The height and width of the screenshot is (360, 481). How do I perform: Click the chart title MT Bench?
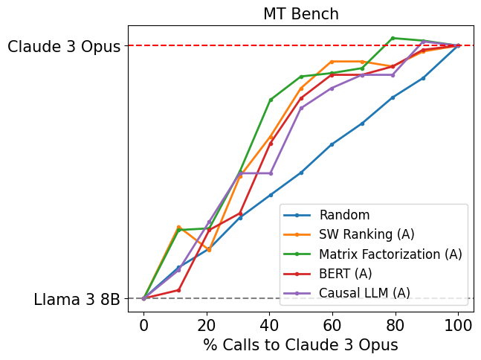[x=300, y=14]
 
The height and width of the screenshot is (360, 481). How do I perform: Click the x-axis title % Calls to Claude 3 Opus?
[x=300, y=345]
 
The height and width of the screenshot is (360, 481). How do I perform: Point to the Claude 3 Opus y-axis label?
[x=64, y=47]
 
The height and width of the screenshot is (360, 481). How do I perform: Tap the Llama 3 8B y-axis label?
[x=77, y=300]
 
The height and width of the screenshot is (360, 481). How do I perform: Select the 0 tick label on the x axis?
[x=143, y=324]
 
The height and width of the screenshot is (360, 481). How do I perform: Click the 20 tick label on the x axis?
[x=207, y=324]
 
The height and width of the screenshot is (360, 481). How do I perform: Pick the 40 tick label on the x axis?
[x=269, y=324]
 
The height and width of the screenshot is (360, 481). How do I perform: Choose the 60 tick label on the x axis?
[x=332, y=324]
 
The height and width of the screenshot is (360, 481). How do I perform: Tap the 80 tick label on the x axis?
[x=395, y=324]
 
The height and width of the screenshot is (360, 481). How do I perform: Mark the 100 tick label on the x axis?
[x=458, y=324]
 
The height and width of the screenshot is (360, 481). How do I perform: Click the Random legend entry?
[x=344, y=215]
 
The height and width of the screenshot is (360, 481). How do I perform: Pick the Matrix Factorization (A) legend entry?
[x=390, y=254]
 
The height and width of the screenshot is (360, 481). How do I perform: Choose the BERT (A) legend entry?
[x=345, y=273]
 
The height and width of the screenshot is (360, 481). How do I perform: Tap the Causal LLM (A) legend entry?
[x=364, y=292]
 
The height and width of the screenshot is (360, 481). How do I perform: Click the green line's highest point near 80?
[x=393, y=38]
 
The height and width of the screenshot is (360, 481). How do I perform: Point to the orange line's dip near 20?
[x=209, y=250]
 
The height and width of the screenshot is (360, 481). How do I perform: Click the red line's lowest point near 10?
[x=178, y=290]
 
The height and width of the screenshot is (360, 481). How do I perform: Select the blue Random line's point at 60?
[x=332, y=144]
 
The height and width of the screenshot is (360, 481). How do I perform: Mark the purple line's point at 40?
[x=271, y=173]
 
